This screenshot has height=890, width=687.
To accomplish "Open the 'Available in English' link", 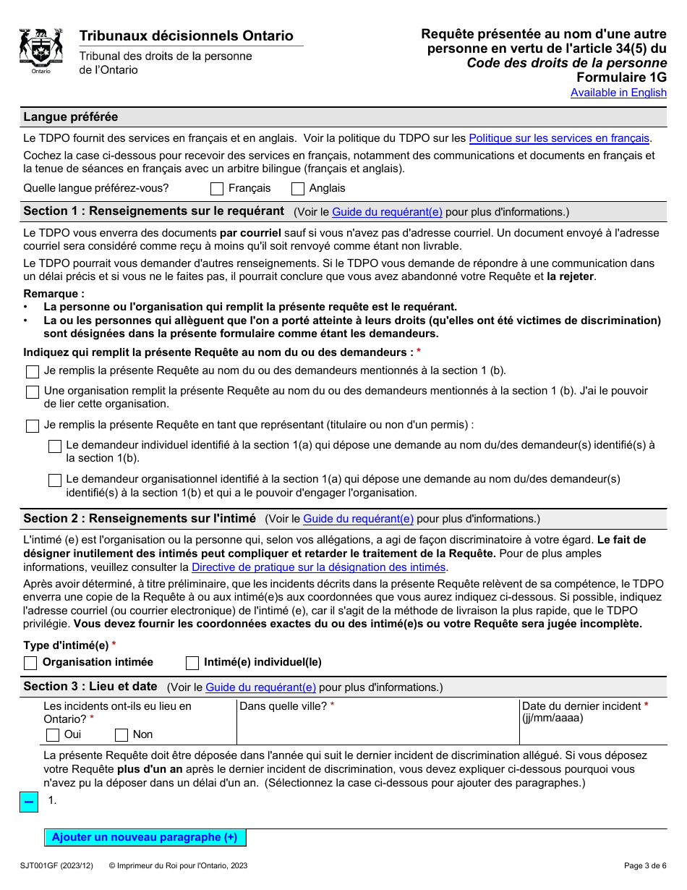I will point(618,93).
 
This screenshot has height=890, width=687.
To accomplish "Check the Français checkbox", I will point(217,189).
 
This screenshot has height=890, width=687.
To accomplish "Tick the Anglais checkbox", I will point(298,189).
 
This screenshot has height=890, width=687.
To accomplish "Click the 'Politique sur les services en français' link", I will point(559,138).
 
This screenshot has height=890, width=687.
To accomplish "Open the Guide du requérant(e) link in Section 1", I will point(387,212).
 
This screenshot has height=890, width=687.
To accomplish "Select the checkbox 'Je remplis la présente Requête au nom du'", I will point(33,372).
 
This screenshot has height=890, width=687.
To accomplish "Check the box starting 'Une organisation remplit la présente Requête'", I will point(33,392).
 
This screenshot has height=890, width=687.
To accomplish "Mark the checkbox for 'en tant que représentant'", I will point(33,426).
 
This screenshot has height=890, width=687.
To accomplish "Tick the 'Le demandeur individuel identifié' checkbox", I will point(55,446).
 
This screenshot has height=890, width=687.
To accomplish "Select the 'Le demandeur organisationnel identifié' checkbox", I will point(55,480).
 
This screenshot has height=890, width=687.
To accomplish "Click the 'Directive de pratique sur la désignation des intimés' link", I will point(319,567).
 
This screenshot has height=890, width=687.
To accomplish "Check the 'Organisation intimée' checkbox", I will point(30,663).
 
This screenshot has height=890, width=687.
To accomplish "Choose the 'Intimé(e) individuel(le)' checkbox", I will point(192,663).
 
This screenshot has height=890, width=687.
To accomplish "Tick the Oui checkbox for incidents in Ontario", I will point(53,735).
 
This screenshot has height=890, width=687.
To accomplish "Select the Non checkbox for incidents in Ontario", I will point(121,735).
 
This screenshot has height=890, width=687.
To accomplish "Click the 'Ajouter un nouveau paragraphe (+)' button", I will point(145,837).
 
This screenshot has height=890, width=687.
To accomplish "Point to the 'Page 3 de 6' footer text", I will point(645,865).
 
